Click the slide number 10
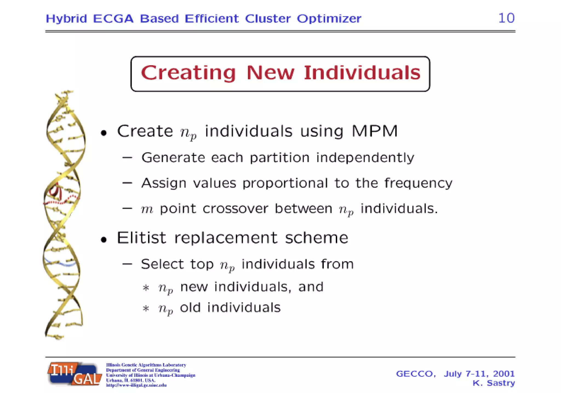506,18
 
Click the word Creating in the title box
188,73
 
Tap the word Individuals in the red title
362,73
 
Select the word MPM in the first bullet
374,131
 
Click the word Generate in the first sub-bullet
173,158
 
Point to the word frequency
418,183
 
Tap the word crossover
235,209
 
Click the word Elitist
141,238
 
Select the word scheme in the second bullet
317,238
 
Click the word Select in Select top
162,264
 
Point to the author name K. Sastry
494,383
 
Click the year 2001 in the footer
504,374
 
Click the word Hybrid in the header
66,19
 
